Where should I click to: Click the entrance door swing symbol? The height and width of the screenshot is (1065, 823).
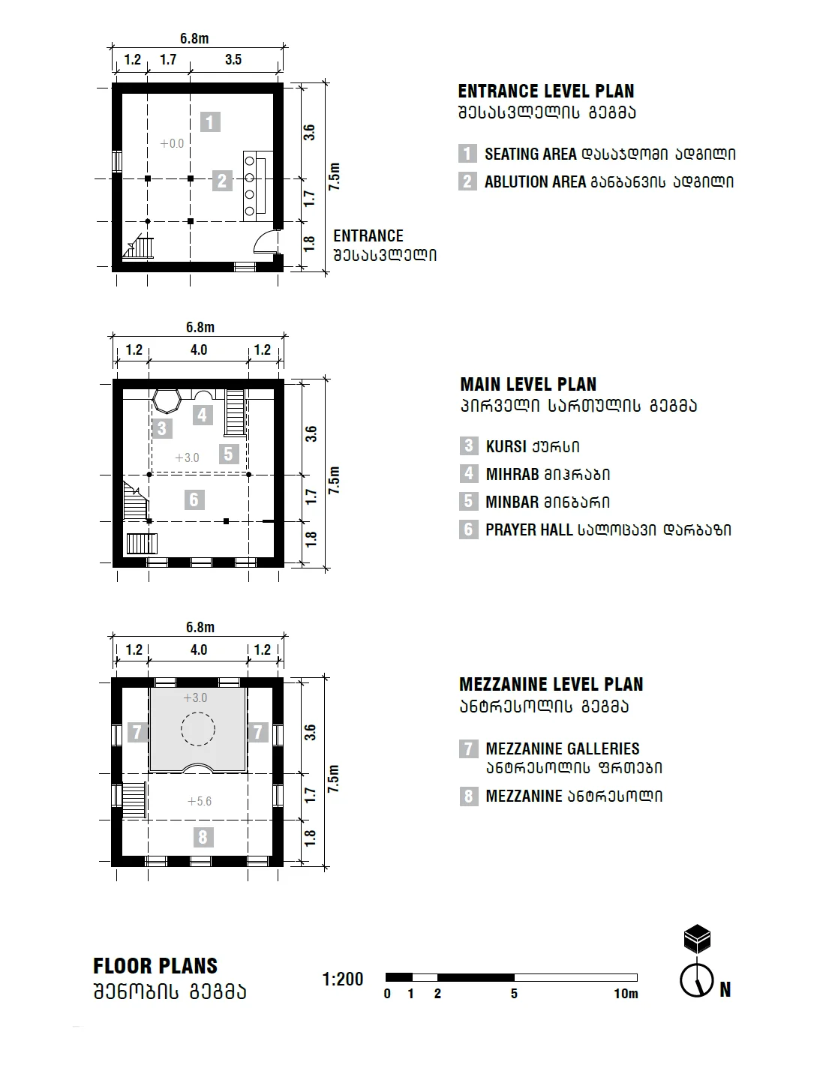[266, 242]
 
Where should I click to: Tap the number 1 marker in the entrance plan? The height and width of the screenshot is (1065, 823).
[211, 122]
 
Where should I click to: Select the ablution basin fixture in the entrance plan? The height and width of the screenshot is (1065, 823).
[255, 184]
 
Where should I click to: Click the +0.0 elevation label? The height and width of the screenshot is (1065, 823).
[172, 143]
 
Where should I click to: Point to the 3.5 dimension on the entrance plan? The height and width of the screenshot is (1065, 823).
[233, 60]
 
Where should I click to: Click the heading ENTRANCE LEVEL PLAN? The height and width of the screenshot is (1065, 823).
[546, 91]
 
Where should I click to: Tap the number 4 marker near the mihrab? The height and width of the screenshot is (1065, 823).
[202, 415]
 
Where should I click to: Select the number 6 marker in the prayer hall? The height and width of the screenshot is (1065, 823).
[194, 499]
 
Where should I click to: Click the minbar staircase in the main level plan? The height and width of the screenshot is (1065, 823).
[236, 412]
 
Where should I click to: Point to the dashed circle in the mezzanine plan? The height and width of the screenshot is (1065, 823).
[197, 727]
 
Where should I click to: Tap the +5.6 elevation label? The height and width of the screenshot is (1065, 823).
[199, 801]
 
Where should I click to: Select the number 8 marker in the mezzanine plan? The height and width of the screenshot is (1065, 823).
[202, 837]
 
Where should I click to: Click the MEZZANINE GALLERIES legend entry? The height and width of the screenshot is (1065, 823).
[562, 748]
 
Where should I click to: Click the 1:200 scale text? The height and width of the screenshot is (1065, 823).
[343, 979]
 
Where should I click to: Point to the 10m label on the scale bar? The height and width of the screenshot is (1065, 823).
[626, 994]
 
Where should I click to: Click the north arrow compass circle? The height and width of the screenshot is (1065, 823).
[695, 979]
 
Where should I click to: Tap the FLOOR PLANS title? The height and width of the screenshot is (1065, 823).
[155, 966]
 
